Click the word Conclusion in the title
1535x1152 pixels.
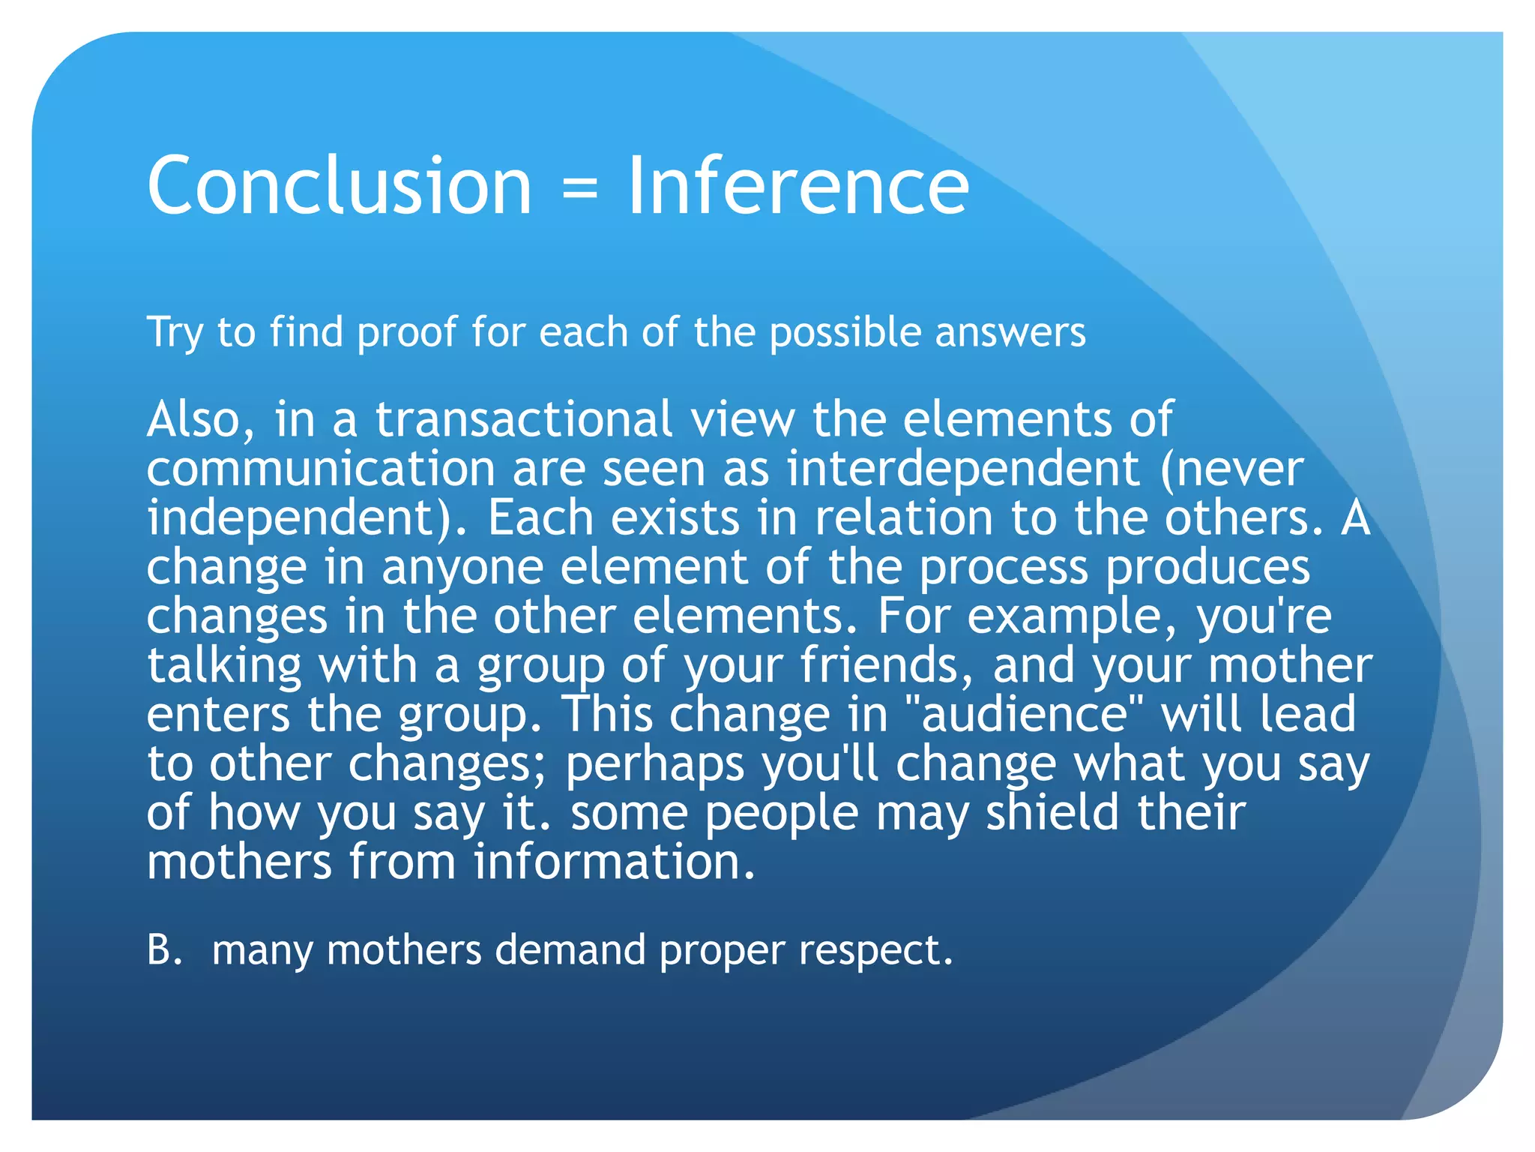[339, 185]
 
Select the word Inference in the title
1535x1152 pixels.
[797, 185]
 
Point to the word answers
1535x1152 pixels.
[1010, 334]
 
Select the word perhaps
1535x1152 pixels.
[654, 765]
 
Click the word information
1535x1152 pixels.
[614, 862]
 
